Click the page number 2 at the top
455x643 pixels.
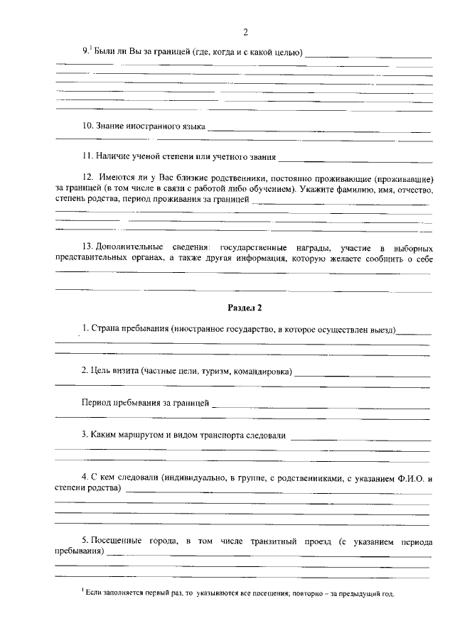click(245, 32)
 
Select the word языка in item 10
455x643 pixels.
click(189, 126)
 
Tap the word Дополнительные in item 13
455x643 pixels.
click(129, 247)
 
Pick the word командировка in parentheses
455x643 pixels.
click(262, 370)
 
